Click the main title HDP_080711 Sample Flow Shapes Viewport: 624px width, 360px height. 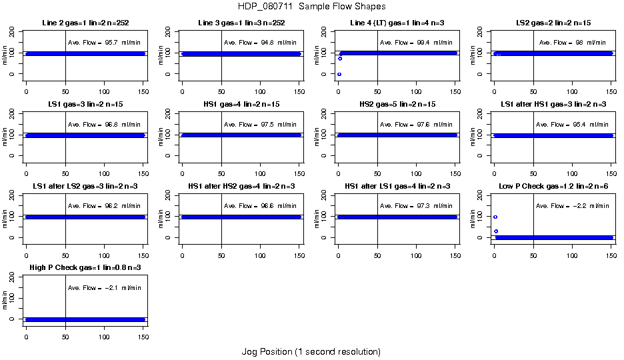[x=311, y=7]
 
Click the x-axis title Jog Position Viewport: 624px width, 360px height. [x=311, y=351]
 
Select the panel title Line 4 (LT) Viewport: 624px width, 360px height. [x=397, y=23]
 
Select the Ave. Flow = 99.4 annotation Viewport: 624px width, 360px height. [x=417, y=43]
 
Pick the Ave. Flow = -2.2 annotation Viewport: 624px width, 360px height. [x=573, y=206]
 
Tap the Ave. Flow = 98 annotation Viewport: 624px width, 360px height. [x=573, y=43]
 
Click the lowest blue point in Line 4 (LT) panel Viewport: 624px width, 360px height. [x=339, y=74]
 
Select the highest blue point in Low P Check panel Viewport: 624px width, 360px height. [x=495, y=217]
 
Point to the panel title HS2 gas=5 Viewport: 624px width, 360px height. [x=397, y=105]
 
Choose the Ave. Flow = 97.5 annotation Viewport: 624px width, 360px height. [x=261, y=125]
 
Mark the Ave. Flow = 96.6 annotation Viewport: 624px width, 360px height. [x=261, y=206]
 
